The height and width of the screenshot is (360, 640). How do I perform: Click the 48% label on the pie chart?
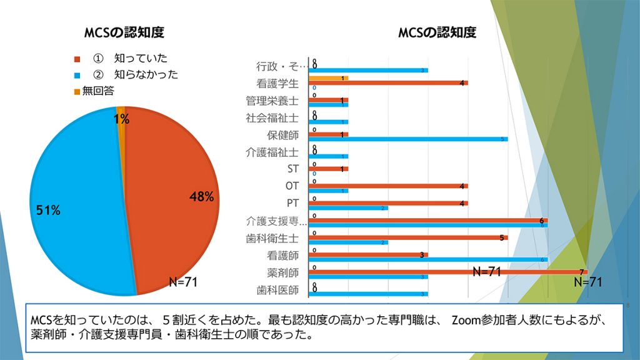point(201,197)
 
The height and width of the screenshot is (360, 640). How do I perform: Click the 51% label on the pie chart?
point(48,211)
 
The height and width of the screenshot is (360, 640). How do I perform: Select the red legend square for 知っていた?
point(77,59)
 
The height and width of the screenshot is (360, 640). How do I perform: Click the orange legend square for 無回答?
point(77,91)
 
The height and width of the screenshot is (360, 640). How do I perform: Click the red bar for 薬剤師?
point(447,271)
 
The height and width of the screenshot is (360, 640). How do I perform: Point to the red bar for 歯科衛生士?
point(407,237)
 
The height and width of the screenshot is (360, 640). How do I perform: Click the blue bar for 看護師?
point(429,259)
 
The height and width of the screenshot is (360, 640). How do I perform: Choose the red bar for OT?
point(387,186)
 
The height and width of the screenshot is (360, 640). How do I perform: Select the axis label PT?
point(292,203)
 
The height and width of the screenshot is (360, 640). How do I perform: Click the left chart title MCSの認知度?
point(124,32)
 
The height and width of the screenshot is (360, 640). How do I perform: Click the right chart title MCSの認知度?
point(437,32)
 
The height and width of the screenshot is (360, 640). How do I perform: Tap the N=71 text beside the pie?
point(183,282)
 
